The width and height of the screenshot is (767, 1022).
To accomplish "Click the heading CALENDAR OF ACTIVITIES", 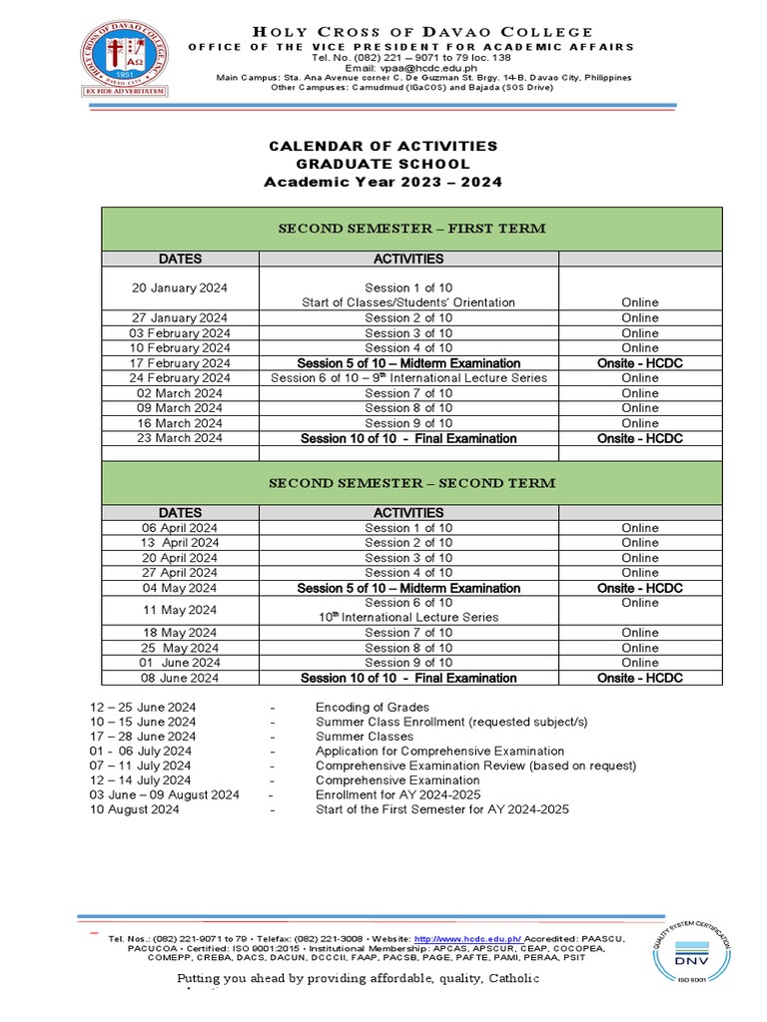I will pyautogui.click(x=383, y=147).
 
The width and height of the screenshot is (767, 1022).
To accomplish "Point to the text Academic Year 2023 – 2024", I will pyautogui.click(x=383, y=182).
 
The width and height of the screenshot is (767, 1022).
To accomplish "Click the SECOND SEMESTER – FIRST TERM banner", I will pyautogui.click(x=410, y=229).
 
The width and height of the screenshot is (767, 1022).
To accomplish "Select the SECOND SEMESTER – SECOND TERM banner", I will pyautogui.click(x=410, y=483).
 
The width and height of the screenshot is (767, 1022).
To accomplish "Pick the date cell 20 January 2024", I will pyautogui.click(x=180, y=287).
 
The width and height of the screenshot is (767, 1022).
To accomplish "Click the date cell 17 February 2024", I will pyautogui.click(x=180, y=363).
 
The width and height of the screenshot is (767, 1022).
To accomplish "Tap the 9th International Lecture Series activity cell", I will pyautogui.click(x=408, y=378).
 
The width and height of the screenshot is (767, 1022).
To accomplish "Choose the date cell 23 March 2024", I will pyautogui.click(x=180, y=438).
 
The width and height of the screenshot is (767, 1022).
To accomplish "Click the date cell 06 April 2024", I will pyautogui.click(x=180, y=528).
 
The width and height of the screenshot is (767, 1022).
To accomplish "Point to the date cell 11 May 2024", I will pyautogui.click(x=180, y=610).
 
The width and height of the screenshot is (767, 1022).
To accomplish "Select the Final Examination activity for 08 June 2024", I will pyautogui.click(x=408, y=678).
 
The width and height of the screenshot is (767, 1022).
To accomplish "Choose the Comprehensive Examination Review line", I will pyautogui.click(x=475, y=766).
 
